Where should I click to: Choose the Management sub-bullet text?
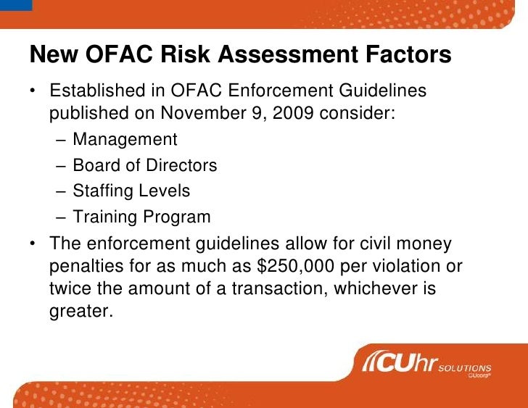tap(125, 139)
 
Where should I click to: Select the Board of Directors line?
tap(145, 165)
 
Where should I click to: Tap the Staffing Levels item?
tap(131, 191)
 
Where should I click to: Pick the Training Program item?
tap(141, 217)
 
